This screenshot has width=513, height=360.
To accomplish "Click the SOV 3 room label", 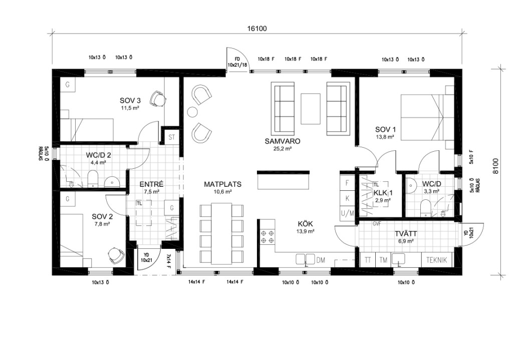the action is click(130, 100).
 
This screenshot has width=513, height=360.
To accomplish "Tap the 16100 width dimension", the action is click(257, 29).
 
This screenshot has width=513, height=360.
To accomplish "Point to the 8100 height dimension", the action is click(496, 166).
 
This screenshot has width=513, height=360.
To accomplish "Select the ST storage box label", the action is click(172, 137).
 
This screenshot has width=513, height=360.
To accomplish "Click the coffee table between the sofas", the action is click(311, 109).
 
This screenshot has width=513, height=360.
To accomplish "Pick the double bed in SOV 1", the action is click(427, 117).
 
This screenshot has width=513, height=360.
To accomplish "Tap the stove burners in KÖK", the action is click(268, 237).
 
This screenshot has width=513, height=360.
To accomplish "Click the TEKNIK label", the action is click(436, 260).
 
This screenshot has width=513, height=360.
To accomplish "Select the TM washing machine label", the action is click(383, 260).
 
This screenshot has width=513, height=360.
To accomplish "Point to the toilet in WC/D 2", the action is click(93, 179).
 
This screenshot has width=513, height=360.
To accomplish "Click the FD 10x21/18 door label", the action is click(237, 62).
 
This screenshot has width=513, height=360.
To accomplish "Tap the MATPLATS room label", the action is click(223, 184).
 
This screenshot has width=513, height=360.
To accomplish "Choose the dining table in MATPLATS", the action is click(221, 233).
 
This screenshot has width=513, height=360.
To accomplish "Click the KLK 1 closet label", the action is click(383, 193).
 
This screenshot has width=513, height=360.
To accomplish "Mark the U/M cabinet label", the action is click(348, 214).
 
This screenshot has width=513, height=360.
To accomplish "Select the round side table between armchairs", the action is click(192, 112).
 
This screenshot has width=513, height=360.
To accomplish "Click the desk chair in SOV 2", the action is click(116, 255).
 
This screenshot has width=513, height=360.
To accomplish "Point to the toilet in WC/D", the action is click(426, 208).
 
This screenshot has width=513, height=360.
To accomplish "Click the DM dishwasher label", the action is click(321, 260).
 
